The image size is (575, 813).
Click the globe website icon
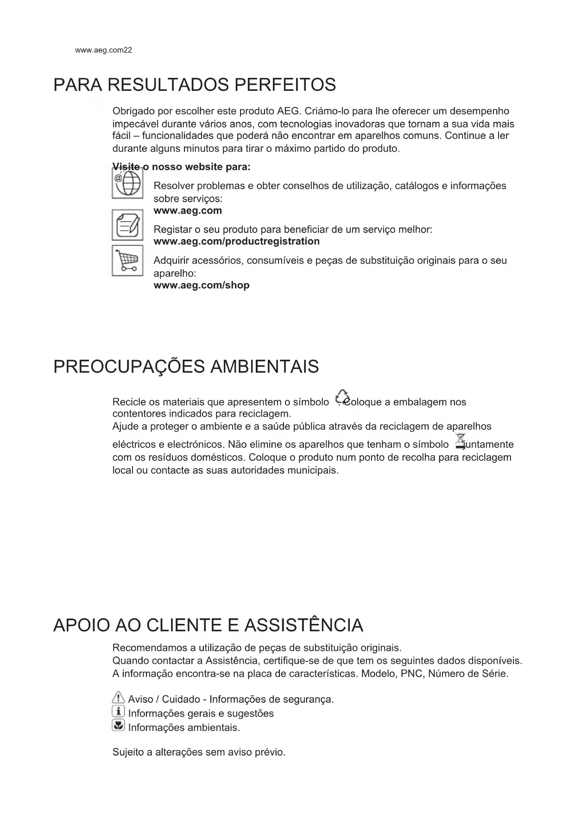pos(127,184)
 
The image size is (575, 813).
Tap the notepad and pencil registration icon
pos(127,225)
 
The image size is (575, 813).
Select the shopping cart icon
pos(127,260)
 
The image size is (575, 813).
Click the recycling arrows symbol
pos(342,397)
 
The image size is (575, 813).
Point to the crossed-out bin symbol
pos(460,441)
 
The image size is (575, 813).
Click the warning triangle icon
pos(119,698)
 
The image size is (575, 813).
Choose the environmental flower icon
pos(119,725)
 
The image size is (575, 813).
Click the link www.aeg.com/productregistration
pos(236,241)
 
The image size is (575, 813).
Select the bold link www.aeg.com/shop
pos(201,285)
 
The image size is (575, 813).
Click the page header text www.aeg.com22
pos(103,50)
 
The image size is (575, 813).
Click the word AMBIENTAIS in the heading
pos(265,367)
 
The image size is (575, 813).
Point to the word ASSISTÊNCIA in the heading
pos(303,625)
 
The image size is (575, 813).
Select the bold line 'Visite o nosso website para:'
pos(182,166)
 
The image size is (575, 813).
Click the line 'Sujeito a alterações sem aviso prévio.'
pos(199,752)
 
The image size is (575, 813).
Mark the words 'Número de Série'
pos(468,673)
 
